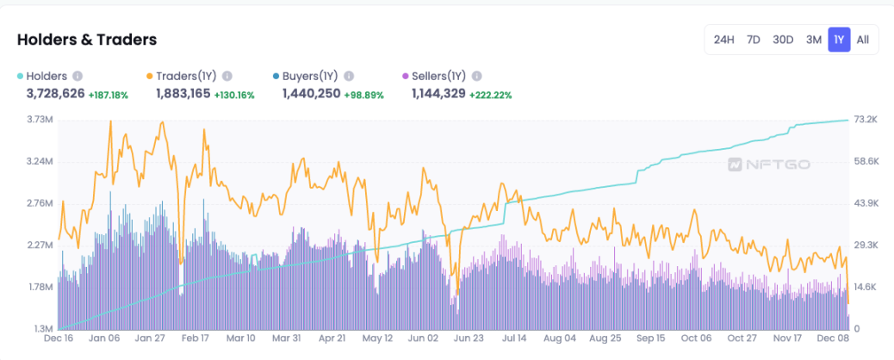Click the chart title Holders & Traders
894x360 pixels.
86,40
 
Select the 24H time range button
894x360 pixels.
723,40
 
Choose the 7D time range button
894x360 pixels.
754,40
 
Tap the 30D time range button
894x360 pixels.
783,40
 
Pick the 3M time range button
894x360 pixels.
813,40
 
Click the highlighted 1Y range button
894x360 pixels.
839,40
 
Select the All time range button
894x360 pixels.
863,40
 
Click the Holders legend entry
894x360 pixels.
47,76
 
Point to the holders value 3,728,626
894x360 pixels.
55,93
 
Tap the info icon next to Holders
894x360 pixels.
78,76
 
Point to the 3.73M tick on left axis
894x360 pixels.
40,119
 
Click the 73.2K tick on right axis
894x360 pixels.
864,119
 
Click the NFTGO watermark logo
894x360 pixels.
768,164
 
